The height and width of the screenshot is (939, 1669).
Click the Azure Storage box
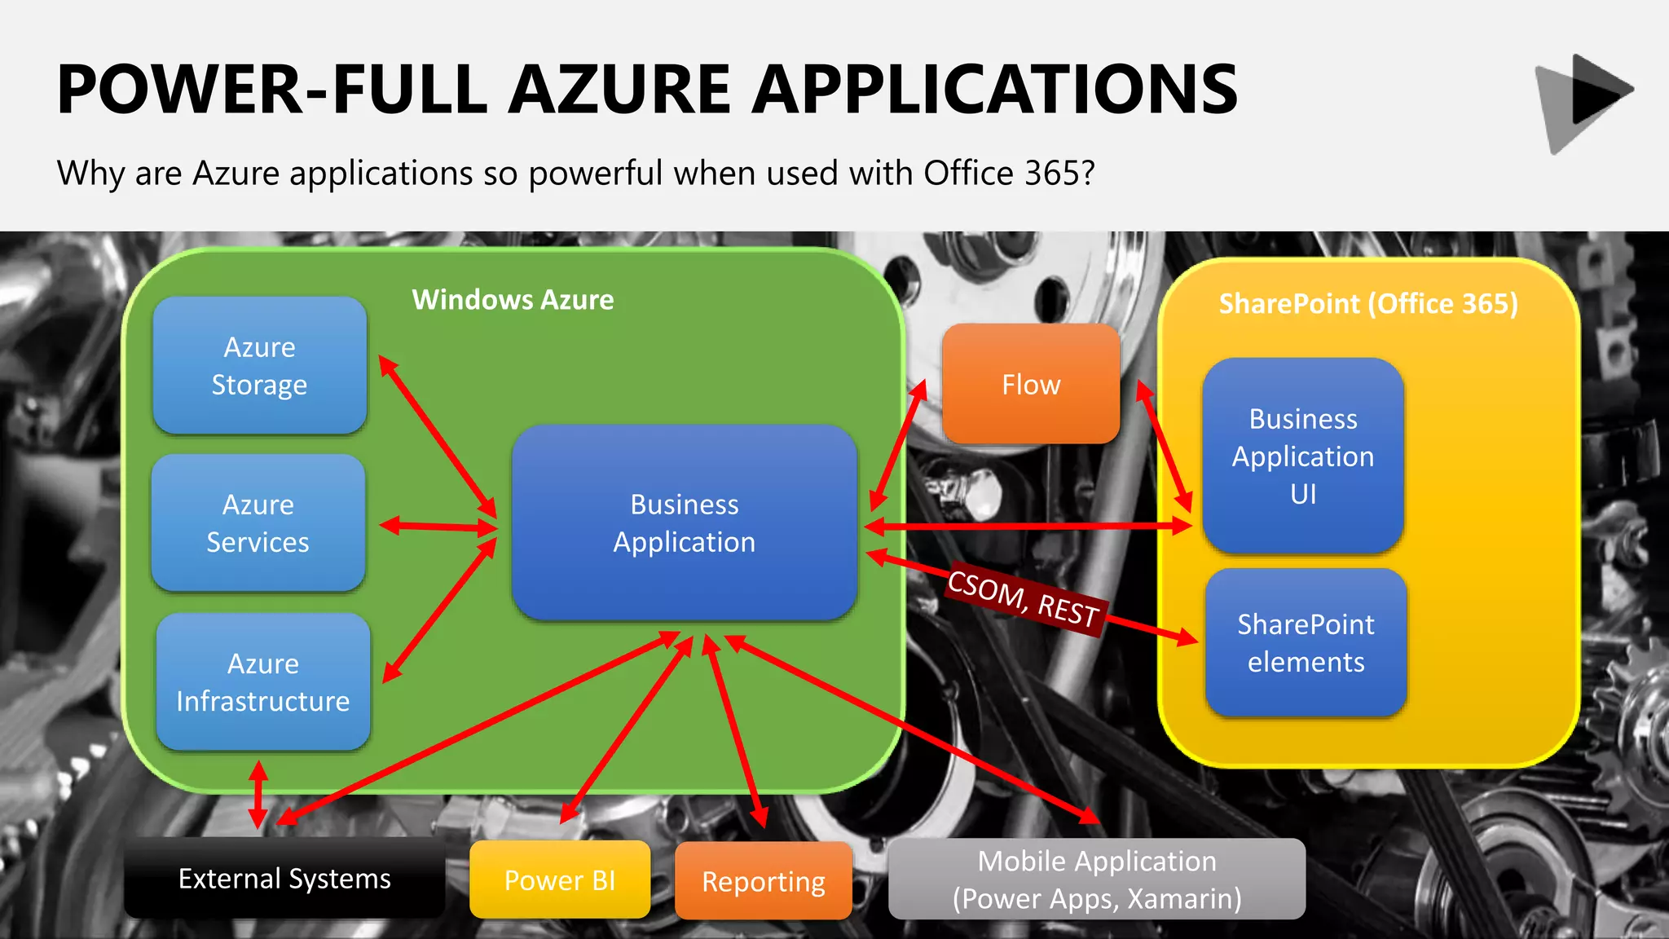pos(259,365)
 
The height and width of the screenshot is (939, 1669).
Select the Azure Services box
pos(258,523)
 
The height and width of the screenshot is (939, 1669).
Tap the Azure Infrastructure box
pos(262,682)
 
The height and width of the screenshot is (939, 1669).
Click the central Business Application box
pos(684,522)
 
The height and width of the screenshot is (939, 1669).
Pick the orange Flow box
pos(1031,384)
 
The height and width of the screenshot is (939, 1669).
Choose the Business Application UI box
pos(1302,456)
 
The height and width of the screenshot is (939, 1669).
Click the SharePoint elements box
pos(1306,643)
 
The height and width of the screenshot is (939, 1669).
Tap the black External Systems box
pos(284,879)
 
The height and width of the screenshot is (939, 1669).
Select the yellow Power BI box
pos(560,880)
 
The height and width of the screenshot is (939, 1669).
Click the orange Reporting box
pos(764,881)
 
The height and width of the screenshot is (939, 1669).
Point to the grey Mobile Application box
pos(1097,879)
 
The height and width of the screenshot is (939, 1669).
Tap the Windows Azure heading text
pos(513,300)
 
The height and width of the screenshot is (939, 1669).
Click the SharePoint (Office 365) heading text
pos(1368,304)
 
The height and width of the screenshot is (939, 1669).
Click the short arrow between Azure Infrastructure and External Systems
pos(258,794)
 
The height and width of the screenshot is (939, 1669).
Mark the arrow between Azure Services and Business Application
pos(438,527)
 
